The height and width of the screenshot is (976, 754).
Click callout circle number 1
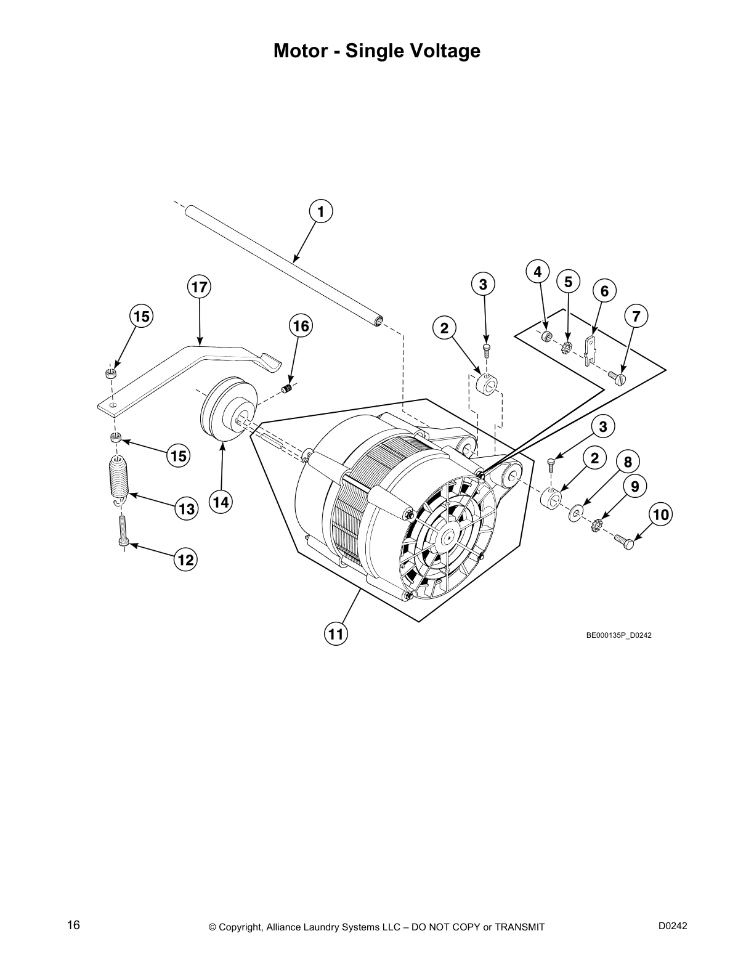click(x=320, y=211)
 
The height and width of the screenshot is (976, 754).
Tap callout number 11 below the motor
click(x=336, y=633)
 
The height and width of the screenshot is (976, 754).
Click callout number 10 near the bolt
click(x=660, y=513)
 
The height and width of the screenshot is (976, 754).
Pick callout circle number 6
click(x=604, y=291)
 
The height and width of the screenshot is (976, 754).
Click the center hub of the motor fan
click(x=445, y=537)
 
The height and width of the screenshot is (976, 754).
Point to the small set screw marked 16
click(x=286, y=388)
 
